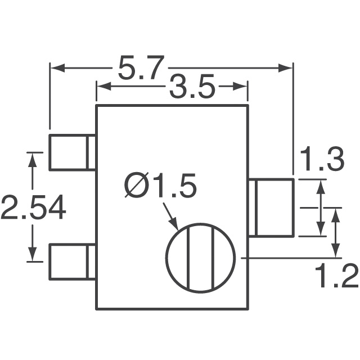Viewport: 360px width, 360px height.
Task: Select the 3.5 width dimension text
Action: [x=191, y=88]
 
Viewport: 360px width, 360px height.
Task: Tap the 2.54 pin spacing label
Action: [x=33, y=208]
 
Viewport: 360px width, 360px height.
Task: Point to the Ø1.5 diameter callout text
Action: [x=160, y=187]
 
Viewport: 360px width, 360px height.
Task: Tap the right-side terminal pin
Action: [x=271, y=207]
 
